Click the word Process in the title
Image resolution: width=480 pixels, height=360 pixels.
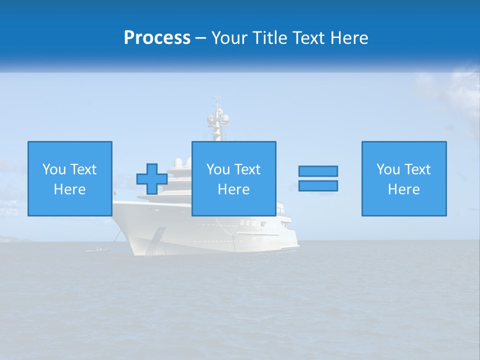tap(157, 38)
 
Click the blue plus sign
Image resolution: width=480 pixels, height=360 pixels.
tap(152, 179)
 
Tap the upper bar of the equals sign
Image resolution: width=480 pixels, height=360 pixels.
tap(318, 171)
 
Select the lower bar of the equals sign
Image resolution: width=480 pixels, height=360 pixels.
tap(318, 185)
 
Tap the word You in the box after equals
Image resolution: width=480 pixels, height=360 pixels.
tap(388, 169)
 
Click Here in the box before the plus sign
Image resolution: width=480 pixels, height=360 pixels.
tap(69, 189)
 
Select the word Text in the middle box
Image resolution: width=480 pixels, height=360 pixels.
tap(247, 169)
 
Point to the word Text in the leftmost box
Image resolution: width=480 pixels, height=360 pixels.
tap(83, 169)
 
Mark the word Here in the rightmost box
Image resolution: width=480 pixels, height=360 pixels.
tap(403, 189)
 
